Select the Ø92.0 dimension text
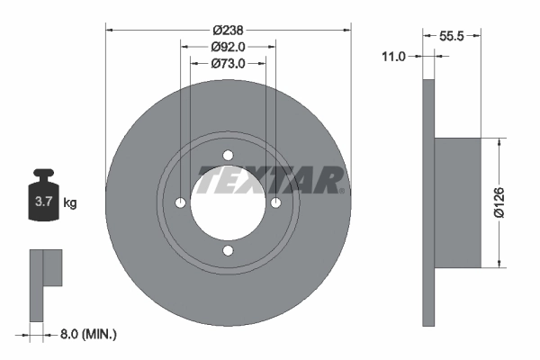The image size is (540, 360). pyautogui.click(x=229, y=47)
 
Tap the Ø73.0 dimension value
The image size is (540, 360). pyautogui.click(x=229, y=64)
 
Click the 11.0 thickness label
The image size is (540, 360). pyautogui.click(x=393, y=56)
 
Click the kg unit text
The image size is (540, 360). pyautogui.click(x=70, y=203)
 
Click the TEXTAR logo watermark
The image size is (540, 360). pyautogui.click(x=271, y=180)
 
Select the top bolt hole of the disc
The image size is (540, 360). pyautogui.click(x=228, y=154)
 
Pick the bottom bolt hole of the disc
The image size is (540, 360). pyautogui.click(x=228, y=250)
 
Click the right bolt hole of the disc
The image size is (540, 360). pyautogui.click(x=276, y=202)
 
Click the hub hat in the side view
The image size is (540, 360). pyautogui.click(x=466, y=202)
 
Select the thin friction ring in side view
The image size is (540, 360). pyautogui.click(x=428, y=202)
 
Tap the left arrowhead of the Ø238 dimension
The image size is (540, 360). pyautogui.click(x=111, y=30)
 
